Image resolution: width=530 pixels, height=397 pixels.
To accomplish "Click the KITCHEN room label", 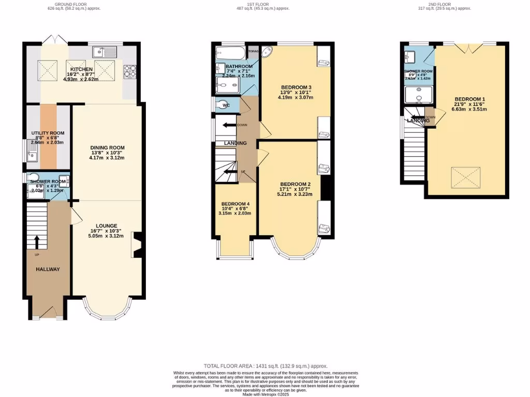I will tap(81, 69).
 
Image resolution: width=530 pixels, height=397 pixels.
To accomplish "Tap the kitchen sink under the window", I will tap(105, 52).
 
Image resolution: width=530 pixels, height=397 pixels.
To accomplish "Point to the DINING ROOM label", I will tap(108, 148).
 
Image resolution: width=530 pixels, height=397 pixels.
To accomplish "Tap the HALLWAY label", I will tap(48, 269).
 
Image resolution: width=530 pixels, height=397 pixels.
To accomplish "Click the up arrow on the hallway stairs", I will tap(37, 241).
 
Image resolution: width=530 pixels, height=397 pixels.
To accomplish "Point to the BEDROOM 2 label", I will tap(295, 184).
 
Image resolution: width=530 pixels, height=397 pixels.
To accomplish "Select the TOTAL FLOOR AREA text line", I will tap(264, 365).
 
